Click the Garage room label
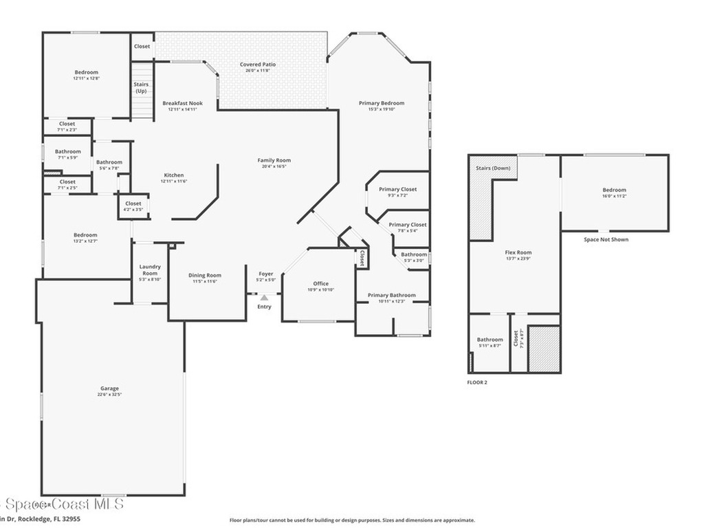(110, 388)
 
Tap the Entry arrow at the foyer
(264, 297)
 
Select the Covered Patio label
(258, 65)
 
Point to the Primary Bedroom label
(382, 103)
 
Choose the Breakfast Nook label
(182, 103)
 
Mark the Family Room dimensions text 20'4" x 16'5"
(274, 166)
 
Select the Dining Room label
(205, 276)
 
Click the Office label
(320, 283)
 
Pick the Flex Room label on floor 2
(518, 252)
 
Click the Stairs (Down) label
(493, 168)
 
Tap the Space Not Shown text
(606, 239)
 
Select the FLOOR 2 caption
(477, 382)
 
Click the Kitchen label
(173, 175)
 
